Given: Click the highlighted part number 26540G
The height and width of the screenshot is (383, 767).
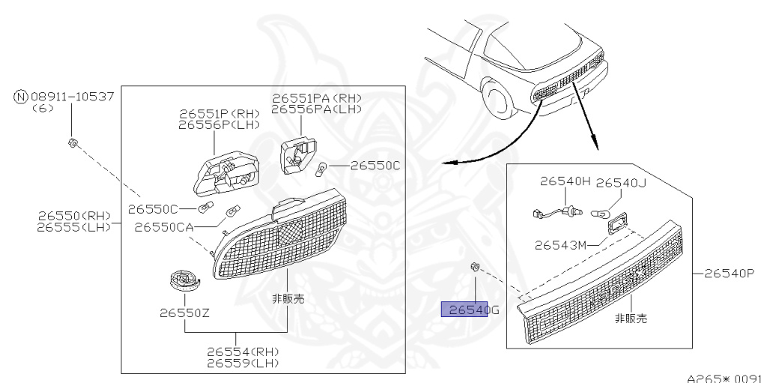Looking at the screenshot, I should click(465, 310).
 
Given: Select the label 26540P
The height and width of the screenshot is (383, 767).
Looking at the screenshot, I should click(729, 274).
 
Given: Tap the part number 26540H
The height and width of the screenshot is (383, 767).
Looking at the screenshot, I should click(566, 182).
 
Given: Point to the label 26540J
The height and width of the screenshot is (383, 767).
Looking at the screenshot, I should click(622, 182).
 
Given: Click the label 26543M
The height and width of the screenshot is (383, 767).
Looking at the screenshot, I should click(560, 244).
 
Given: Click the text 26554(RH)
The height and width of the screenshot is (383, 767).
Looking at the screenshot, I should click(243, 352).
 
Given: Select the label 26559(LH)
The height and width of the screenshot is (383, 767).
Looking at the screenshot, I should click(243, 363).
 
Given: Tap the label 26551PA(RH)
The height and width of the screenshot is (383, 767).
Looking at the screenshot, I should click(316, 98).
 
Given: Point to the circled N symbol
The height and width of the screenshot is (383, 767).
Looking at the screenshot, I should click(20, 96).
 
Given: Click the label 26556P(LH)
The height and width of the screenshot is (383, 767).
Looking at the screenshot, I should click(219, 125).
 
